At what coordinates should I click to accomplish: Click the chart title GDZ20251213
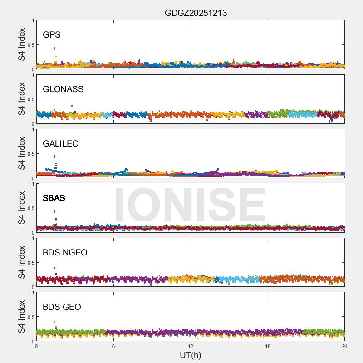pyautogui.click(x=196, y=13)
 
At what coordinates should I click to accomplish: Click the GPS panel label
pyautogui.click(x=51, y=35)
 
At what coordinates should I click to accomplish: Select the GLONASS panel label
pyautogui.click(x=63, y=89)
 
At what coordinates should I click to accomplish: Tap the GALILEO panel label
pyautogui.click(x=60, y=144)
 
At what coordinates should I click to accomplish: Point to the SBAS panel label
pyautogui.click(x=54, y=198)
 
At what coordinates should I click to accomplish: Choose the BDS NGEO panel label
pyautogui.click(x=65, y=253)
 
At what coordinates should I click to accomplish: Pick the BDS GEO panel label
pyautogui.click(x=62, y=307)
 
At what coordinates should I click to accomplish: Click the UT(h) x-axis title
pyautogui.click(x=191, y=354)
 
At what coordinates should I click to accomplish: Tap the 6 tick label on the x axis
pyautogui.click(x=113, y=346)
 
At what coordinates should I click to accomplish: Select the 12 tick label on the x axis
pyautogui.click(x=191, y=346)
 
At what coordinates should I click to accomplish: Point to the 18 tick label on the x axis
pyautogui.click(x=268, y=346)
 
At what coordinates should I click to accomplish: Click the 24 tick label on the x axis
pyautogui.click(x=345, y=346)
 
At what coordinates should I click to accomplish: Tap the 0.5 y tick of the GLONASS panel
pyautogui.click(x=29, y=99)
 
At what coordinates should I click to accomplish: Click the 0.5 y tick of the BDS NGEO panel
pyautogui.click(x=29, y=263)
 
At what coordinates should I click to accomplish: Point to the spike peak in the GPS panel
pyautogui.click(x=54, y=48)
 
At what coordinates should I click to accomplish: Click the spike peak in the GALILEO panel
pyautogui.click(x=55, y=157)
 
